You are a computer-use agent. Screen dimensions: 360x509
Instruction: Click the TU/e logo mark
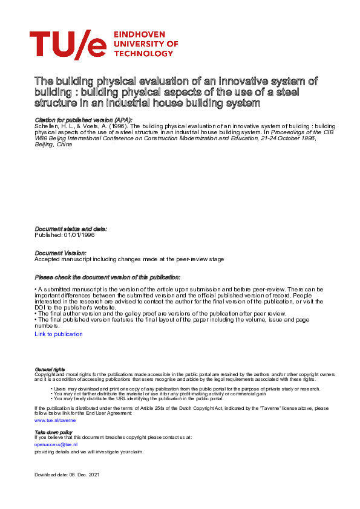[x=68, y=44]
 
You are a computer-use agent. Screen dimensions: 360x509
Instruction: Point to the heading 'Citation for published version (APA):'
[x=84, y=121]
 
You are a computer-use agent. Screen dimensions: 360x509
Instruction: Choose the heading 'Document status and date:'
[x=71, y=229]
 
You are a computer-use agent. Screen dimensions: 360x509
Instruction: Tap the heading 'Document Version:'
[x=61, y=253]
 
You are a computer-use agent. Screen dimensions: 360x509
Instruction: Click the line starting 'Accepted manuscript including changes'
[x=129, y=259]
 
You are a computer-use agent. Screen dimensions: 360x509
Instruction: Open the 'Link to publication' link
[x=59, y=334]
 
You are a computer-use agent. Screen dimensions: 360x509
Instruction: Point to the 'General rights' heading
[x=50, y=369]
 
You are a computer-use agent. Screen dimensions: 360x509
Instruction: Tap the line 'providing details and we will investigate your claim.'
[x=89, y=452]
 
